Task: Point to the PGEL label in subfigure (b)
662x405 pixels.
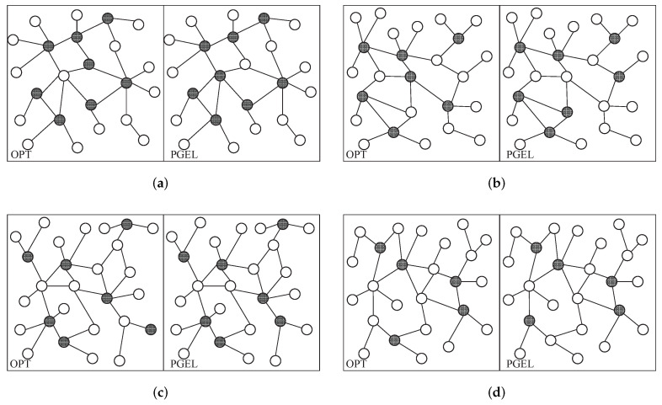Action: pos(516,154)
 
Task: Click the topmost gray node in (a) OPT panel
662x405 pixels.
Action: pos(107,18)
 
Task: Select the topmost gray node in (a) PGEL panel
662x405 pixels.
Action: pos(264,18)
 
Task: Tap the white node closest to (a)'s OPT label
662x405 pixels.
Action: pos(28,144)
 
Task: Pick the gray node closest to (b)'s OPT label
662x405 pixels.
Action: pos(393,132)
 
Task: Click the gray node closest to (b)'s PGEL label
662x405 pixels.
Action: pos(550,132)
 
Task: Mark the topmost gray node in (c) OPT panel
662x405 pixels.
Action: pos(126,223)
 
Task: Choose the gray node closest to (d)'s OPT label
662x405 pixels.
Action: pos(394,340)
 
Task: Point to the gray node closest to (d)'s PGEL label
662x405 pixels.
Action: pos(529,320)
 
